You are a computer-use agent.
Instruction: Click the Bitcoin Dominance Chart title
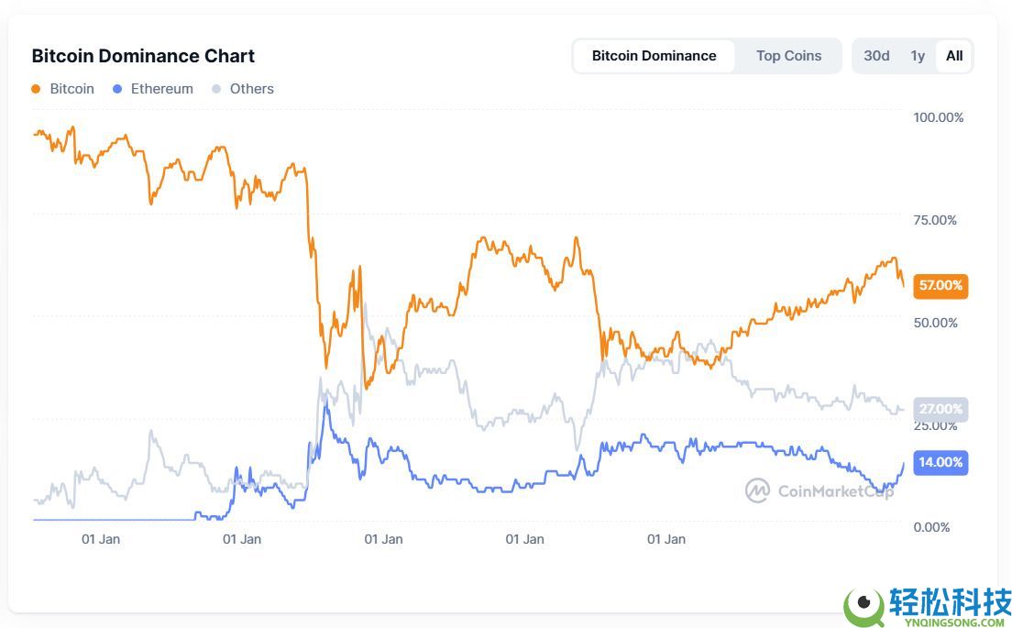(x=143, y=56)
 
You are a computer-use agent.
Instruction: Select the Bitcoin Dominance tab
(x=654, y=56)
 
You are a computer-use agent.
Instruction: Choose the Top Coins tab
(x=788, y=56)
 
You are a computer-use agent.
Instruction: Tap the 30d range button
(x=876, y=56)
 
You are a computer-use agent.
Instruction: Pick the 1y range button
(x=918, y=56)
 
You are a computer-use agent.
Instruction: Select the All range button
(x=954, y=56)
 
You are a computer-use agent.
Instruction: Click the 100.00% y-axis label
(x=938, y=117)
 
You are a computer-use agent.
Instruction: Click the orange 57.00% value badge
(x=940, y=285)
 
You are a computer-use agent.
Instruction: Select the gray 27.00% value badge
(x=940, y=409)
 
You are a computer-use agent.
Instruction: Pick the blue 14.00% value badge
(x=940, y=462)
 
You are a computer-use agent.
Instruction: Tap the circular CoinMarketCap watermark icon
(x=757, y=490)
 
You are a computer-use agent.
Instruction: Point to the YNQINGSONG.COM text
(x=946, y=622)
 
